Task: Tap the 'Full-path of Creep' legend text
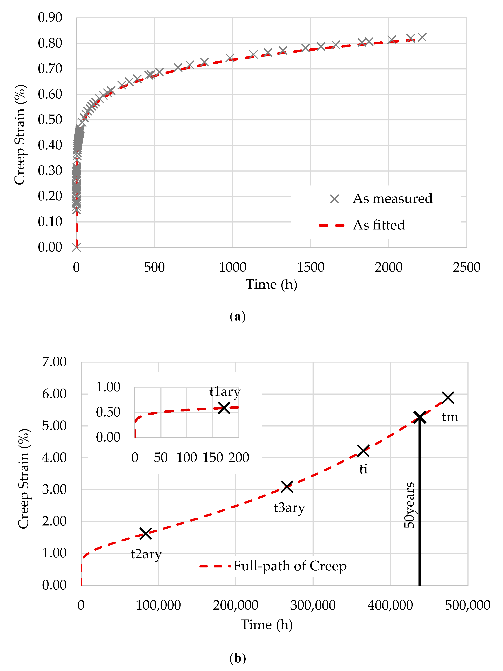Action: tap(290, 566)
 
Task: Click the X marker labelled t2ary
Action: tap(146, 533)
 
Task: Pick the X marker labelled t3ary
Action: tap(287, 487)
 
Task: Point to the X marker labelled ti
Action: tap(363, 451)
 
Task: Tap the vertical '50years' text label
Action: tap(409, 505)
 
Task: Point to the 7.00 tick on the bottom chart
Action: tap(54, 362)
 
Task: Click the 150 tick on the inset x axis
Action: tap(213, 457)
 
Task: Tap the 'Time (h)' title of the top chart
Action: tap(271, 284)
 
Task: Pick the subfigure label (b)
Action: tap(238, 658)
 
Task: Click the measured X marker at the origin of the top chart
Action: tap(76, 247)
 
